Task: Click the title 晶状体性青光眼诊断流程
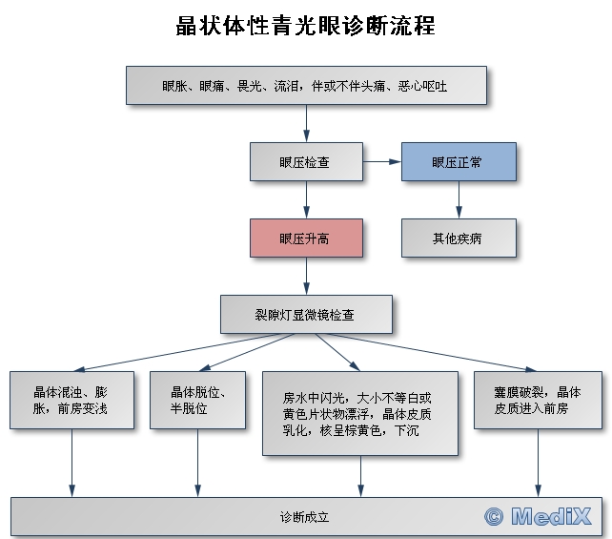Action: click(305, 26)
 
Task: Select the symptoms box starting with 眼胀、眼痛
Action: click(306, 85)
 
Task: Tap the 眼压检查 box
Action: click(306, 162)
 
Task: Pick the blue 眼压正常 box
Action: click(459, 162)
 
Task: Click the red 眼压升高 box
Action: click(306, 238)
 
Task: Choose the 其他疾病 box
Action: click(459, 238)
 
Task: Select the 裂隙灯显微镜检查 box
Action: click(306, 313)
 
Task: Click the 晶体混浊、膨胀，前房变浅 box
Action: click(71, 400)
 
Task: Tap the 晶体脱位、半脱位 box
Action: click(197, 400)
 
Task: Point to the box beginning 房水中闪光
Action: click(360, 413)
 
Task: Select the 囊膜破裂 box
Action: click(538, 400)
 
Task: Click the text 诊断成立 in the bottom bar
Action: click(305, 517)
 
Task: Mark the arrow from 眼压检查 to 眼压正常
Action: click(381, 162)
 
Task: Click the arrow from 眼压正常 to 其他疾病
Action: click(459, 200)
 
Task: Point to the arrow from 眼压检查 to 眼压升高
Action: click(306, 200)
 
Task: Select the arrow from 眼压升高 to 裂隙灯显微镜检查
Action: click(306, 276)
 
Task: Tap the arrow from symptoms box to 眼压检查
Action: click(306, 123)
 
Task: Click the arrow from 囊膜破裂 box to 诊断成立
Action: click(538, 463)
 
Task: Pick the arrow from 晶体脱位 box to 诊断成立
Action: click(197, 463)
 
